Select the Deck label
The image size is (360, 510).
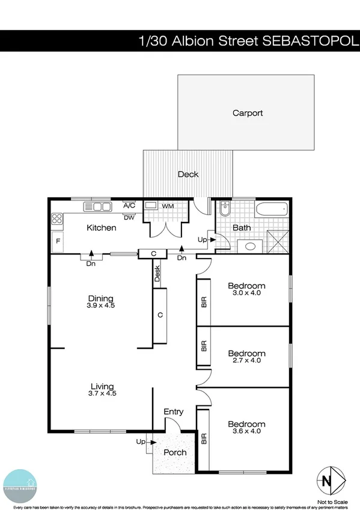tap(188, 174)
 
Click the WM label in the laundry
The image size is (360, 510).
tap(168, 206)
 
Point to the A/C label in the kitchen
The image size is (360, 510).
tap(129, 205)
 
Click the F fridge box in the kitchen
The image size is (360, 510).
tap(58, 241)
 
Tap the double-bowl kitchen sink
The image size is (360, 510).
tap(97, 206)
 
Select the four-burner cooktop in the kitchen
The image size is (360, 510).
tap(58, 220)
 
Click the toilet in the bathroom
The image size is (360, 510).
tap(225, 209)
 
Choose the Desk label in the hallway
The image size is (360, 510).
tap(157, 274)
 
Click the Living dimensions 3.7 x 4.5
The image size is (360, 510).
tap(102, 393)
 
